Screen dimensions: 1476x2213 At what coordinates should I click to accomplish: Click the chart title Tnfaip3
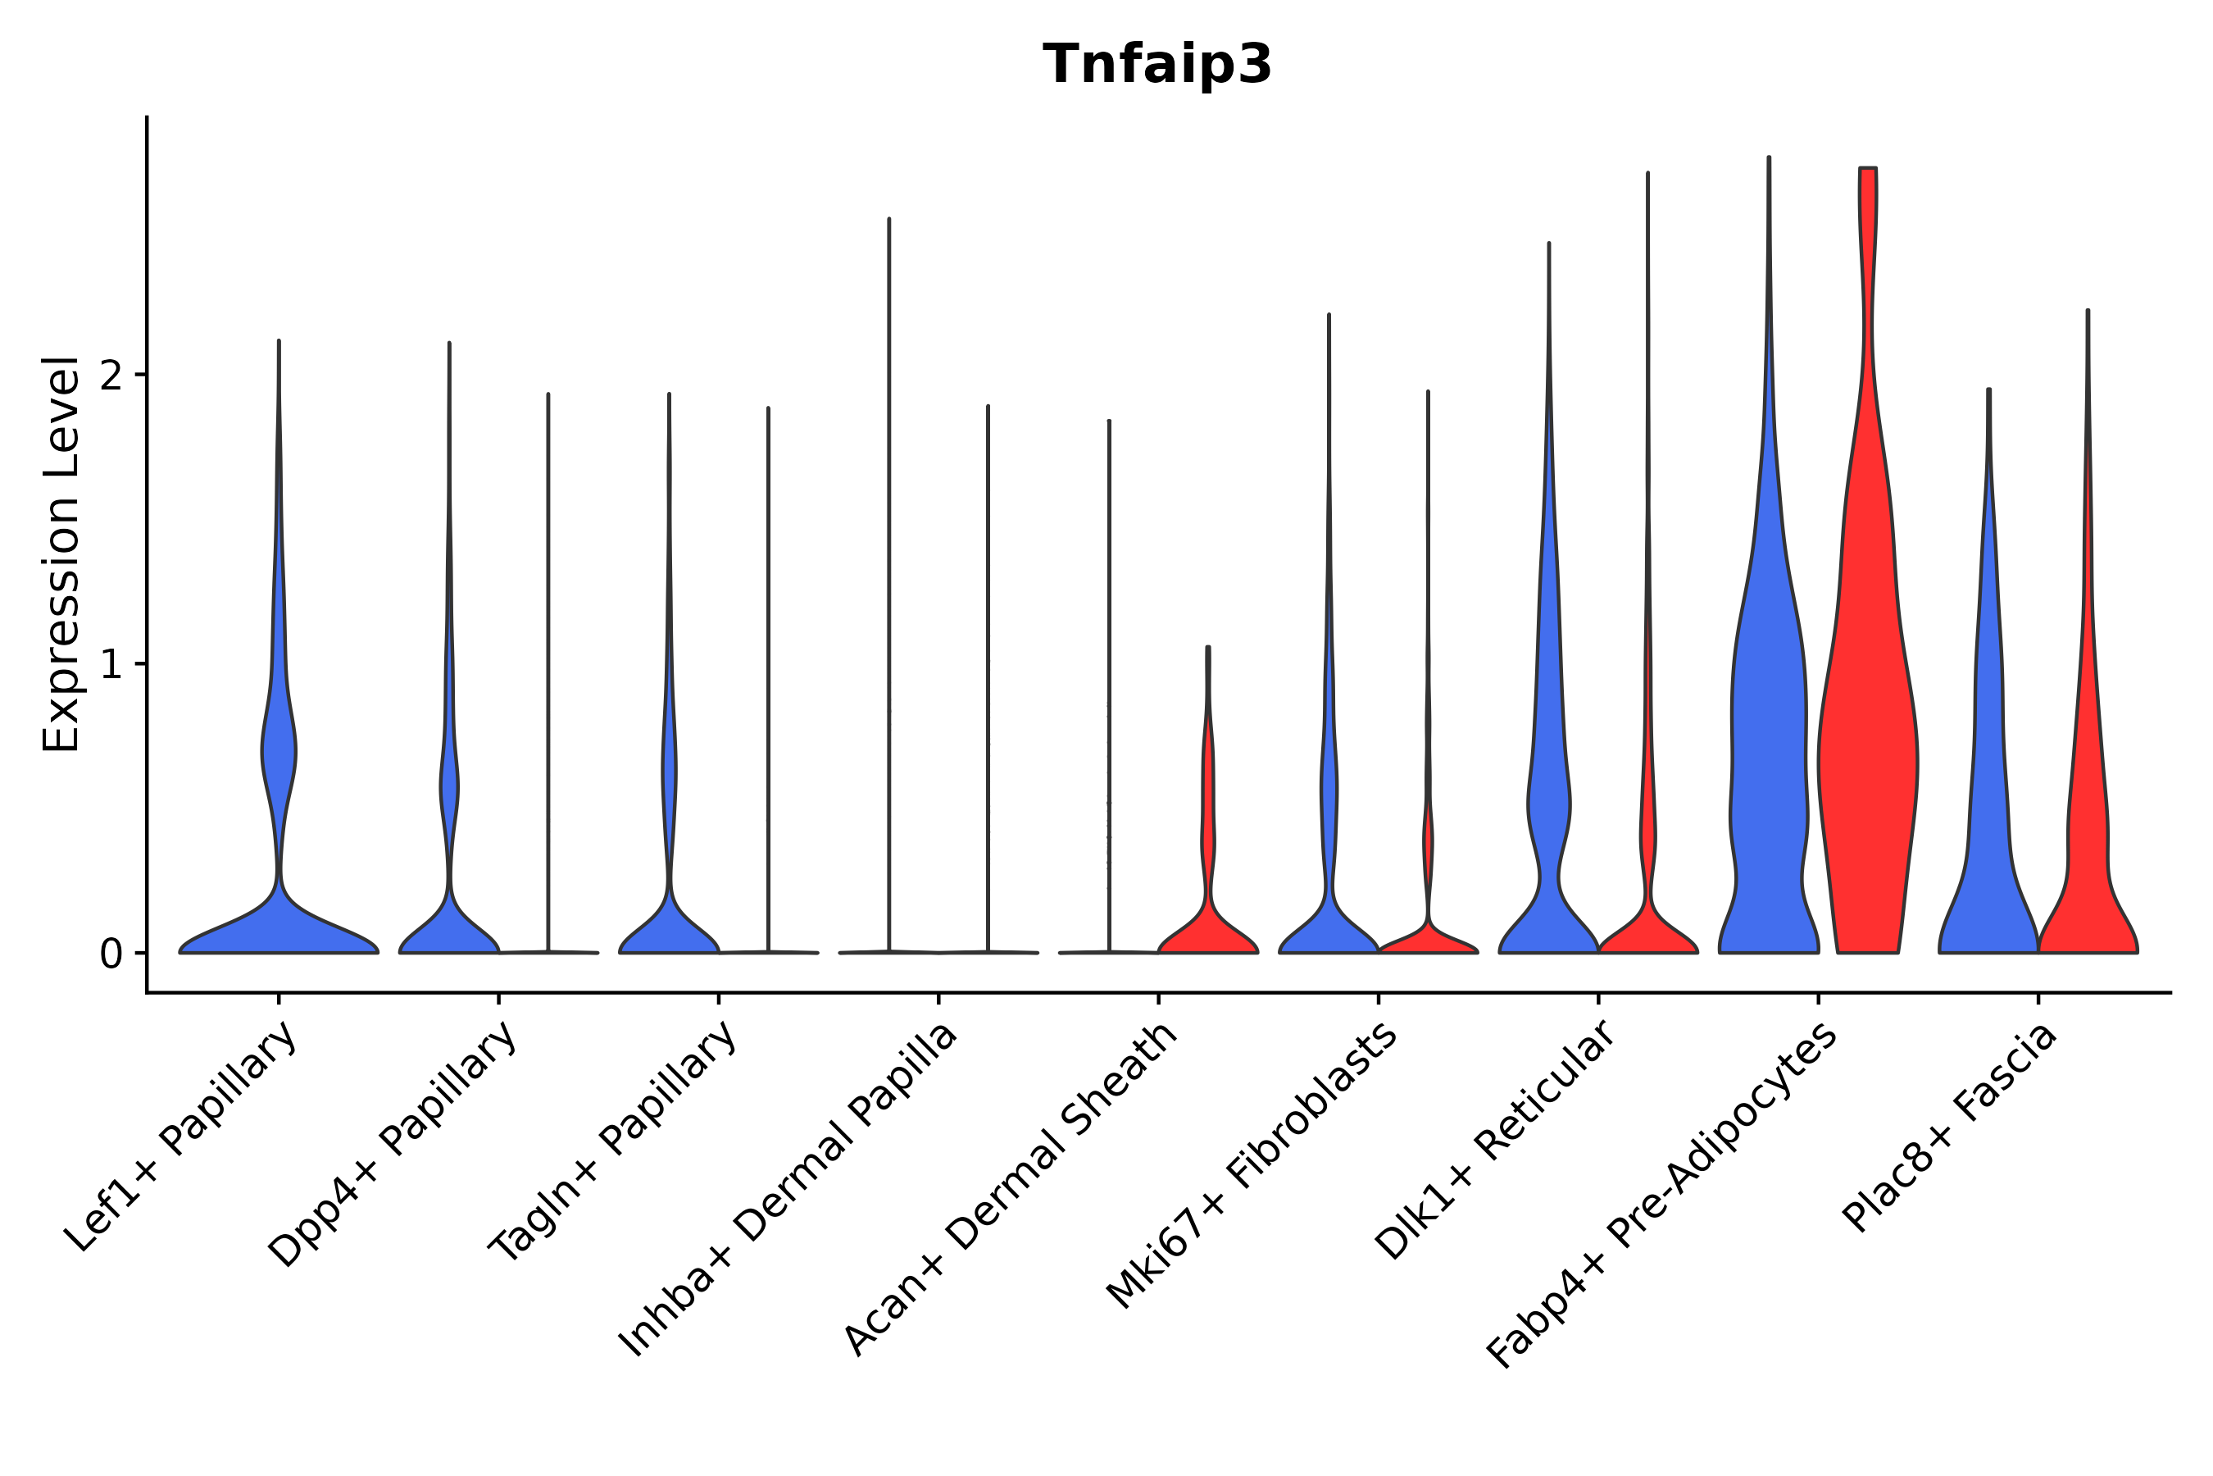point(1156,65)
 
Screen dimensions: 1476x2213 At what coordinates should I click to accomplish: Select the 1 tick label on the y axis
point(111,664)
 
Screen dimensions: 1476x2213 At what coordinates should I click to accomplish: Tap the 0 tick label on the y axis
point(111,954)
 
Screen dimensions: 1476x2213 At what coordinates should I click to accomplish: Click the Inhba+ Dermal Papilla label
point(788,1190)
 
